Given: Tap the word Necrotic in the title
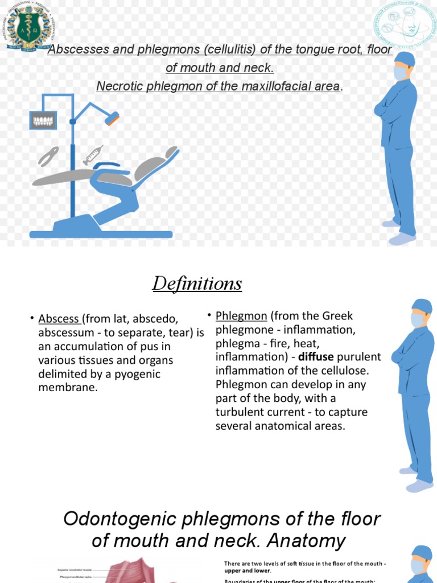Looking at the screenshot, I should pos(116,86).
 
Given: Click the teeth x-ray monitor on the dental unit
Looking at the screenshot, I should pos(43,120).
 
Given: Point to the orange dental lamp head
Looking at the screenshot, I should pos(112,119).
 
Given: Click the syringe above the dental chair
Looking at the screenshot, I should pos(93,154).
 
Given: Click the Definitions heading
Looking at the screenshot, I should pos(197,283).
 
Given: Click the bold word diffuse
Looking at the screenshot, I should pos(316,357).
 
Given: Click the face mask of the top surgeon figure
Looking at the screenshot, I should pos(401,73).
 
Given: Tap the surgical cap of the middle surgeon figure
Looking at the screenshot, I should pos(422,306).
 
